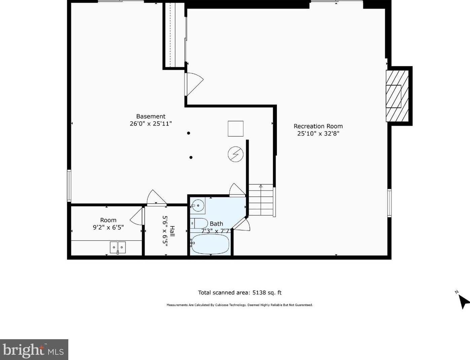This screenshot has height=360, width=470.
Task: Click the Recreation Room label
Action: [x=318, y=126]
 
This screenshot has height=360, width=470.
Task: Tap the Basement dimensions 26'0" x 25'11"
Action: [x=151, y=124]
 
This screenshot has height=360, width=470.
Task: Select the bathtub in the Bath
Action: [x=210, y=244]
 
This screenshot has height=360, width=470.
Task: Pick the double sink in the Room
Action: [x=118, y=247]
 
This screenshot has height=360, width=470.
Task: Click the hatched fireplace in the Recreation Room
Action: [x=397, y=96]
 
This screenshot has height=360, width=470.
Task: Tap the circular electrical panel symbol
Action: [x=236, y=154]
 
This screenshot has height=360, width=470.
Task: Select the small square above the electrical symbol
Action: [x=236, y=128]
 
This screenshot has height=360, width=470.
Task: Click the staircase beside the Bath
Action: [x=261, y=200]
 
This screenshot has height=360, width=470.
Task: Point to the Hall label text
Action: [x=172, y=231]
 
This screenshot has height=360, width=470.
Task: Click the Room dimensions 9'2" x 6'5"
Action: [x=108, y=227]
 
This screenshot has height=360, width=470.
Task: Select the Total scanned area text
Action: [x=240, y=292]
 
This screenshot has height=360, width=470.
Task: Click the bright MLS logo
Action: [x=34, y=350]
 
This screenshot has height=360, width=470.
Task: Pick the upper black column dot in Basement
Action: [x=189, y=133]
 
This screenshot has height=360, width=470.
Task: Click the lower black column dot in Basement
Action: [x=191, y=158]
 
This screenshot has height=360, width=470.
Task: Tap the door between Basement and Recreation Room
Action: [x=194, y=84]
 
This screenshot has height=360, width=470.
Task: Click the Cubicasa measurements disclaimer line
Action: [x=240, y=305]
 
